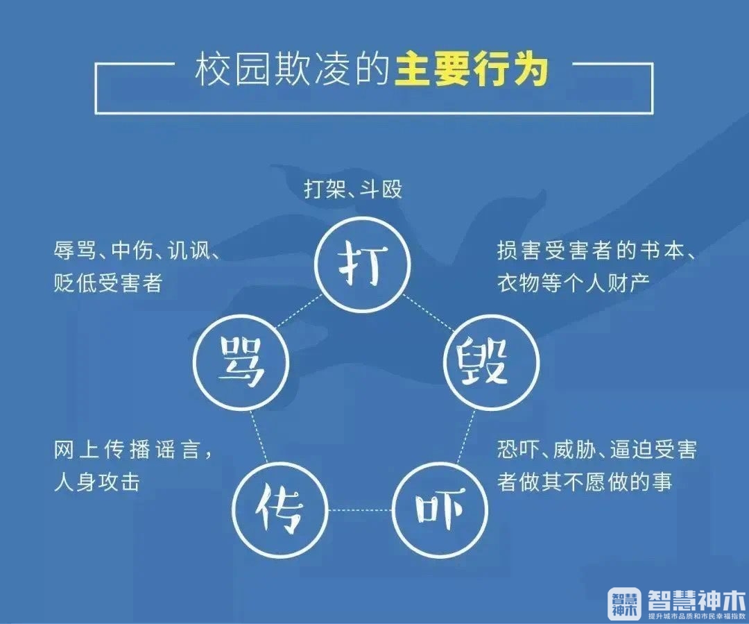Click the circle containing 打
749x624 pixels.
click(x=363, y=264)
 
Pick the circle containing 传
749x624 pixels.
click(x=280, y=509)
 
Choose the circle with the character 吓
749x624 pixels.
click(x=440, y=509)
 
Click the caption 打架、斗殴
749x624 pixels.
click(x=353, y=189)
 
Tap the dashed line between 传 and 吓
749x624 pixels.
click(x=360, y=509)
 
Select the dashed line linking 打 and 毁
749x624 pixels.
click(x=429, y=313)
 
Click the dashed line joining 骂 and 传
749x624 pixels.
click(x=259, y=435)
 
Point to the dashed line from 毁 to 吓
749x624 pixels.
click(x=466, y=436)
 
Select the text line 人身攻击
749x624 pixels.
click(x=97, y=482)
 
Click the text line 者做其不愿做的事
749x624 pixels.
click(x=585, y=482)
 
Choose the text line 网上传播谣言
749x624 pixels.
click(x=132, y=450)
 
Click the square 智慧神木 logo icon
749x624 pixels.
click(x=624, y=602)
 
